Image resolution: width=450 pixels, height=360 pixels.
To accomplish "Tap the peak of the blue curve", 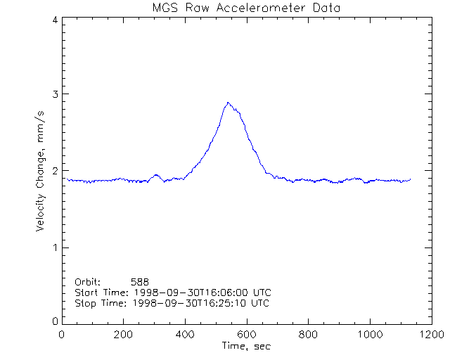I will pyautogui.click(x=228, y=103).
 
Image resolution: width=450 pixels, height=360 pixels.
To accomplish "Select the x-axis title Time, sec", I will pyautogui.click(x=245, y=346).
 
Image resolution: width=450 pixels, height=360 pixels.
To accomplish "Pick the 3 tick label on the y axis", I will pyautogui.click(x=54, y=94).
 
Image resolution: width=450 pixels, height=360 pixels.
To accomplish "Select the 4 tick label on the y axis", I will pyautogui.click(x=54, y=20).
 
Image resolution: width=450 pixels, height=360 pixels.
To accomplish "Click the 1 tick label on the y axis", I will pyautogui.click(x=54, y=247).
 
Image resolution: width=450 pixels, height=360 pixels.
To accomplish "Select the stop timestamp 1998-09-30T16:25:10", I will pyautogui.click(x=191, y=303).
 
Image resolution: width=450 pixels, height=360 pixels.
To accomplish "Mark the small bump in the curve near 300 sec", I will pyautogui.click(x=155, y=176).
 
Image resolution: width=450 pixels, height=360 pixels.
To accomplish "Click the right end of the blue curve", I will pyautogui.click(x=410, y=179).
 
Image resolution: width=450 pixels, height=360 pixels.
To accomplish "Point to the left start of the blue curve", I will pyautogui.click(x=67, y=179).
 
